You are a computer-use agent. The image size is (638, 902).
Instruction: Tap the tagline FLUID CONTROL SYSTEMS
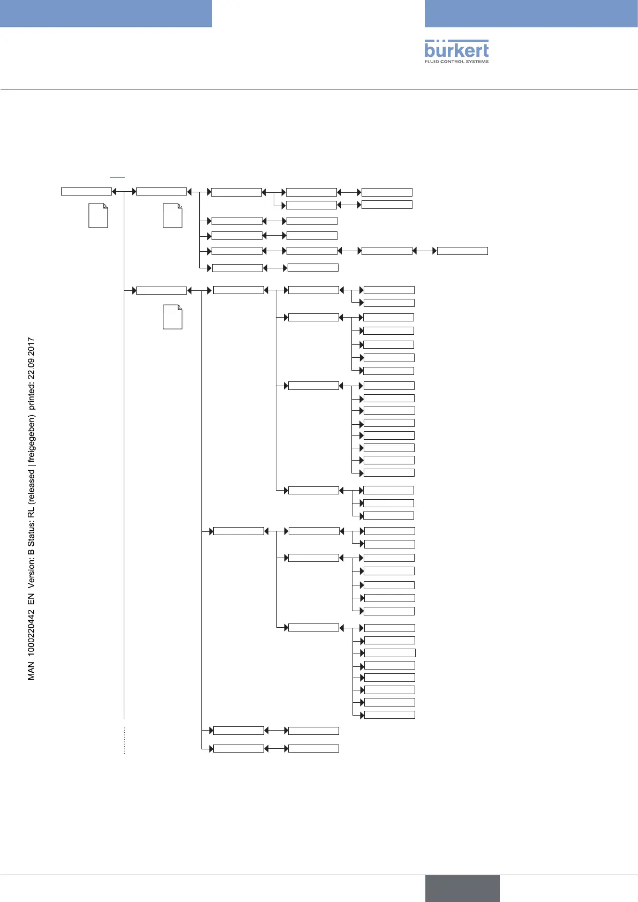456,62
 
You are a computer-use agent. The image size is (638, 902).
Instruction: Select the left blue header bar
106,13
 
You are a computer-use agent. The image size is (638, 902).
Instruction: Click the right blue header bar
531,13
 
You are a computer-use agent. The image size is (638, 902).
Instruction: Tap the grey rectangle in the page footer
462,888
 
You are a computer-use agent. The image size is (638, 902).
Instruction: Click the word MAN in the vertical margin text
31,671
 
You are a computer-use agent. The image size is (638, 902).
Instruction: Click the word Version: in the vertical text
31,573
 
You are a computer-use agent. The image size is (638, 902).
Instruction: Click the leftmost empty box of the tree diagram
86,191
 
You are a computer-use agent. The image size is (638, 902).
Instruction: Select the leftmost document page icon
98,216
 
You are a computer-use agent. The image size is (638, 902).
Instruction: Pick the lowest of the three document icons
172,317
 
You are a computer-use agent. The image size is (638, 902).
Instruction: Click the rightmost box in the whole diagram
462,251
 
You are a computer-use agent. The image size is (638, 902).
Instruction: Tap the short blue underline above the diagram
117,176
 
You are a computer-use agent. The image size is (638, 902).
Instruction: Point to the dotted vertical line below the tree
124,740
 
